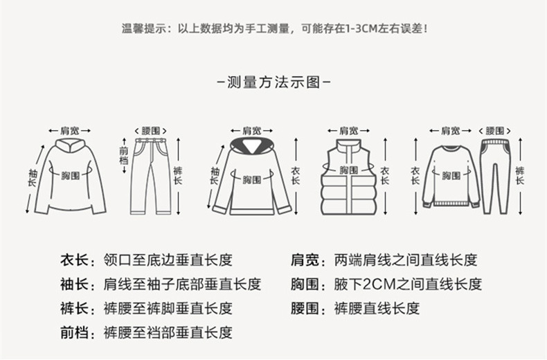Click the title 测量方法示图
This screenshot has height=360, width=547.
(273, 82)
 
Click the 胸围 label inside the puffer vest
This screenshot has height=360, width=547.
(348, 170)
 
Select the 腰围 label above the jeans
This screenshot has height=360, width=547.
(151, 130)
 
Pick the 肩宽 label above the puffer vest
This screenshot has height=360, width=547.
(348, 130)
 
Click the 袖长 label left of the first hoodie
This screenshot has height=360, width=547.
(32, 177)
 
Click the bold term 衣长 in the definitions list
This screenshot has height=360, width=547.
(75, 261)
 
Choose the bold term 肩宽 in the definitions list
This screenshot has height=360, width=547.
(305, 261)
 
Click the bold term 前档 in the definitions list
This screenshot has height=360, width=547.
(75, 332)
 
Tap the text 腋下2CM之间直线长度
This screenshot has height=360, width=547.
(407, 285)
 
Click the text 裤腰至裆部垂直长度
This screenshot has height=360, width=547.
(168, 332)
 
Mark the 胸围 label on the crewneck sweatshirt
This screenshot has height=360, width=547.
(452, 174)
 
